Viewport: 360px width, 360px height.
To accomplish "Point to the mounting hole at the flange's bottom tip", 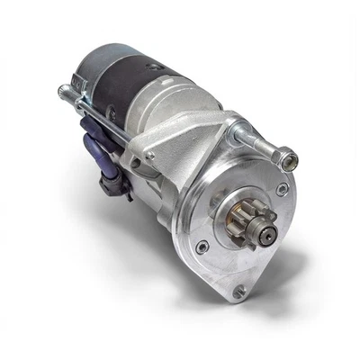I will pos(238,292).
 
